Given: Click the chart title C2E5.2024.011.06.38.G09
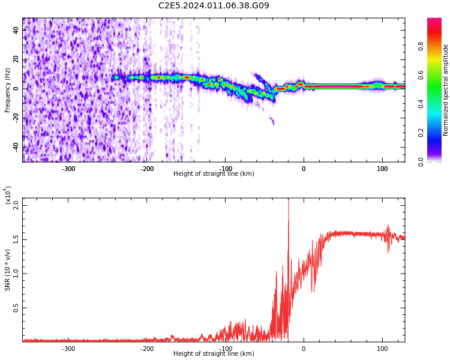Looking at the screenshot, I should point(214,6).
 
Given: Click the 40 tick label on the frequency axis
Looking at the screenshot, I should point(16,30).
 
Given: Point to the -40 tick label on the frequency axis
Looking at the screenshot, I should point(14,147).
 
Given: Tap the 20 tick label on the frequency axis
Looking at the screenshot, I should point(16,59).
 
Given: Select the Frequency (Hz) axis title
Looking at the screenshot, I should point(8,90).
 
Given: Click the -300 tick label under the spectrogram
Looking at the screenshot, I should point(68,169).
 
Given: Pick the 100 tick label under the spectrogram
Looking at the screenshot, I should point(382,169).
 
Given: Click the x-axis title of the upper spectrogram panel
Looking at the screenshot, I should point(214,174).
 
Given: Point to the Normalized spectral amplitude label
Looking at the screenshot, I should point(446,90).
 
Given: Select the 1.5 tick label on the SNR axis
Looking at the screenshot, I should point(16,239).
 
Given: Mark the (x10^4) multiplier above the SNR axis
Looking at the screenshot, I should point(7,196).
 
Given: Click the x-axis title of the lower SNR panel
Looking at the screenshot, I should point(214,354).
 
